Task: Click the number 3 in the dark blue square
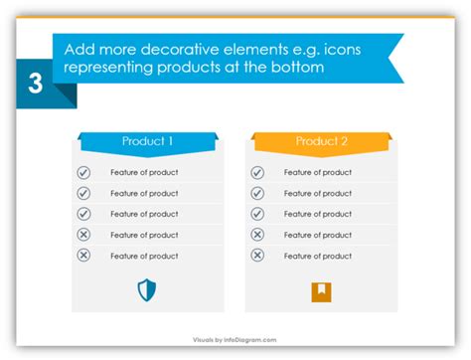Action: [36, 84]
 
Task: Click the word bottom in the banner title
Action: [297, 67]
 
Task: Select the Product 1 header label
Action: [147, 141]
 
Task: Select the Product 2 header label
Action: [322, 141]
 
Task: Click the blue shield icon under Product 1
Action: [147, 290]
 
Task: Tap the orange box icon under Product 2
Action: [321, 292]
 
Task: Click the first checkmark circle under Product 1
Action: [83, 172]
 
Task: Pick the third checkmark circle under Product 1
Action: [83, 214]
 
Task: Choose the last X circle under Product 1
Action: [83, 256]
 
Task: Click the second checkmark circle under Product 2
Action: [257, 193]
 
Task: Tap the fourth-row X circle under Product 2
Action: [257, 235]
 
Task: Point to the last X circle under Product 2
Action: [257, 256]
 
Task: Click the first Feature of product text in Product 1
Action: [144, 172]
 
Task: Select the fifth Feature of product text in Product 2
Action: [318, 256]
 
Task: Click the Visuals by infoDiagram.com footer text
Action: [235, 340]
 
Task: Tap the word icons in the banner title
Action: [342, 50]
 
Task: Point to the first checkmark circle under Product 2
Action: [257, 172]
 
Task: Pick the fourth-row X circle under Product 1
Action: [83, 235]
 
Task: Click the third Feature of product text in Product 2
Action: [318, 214]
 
